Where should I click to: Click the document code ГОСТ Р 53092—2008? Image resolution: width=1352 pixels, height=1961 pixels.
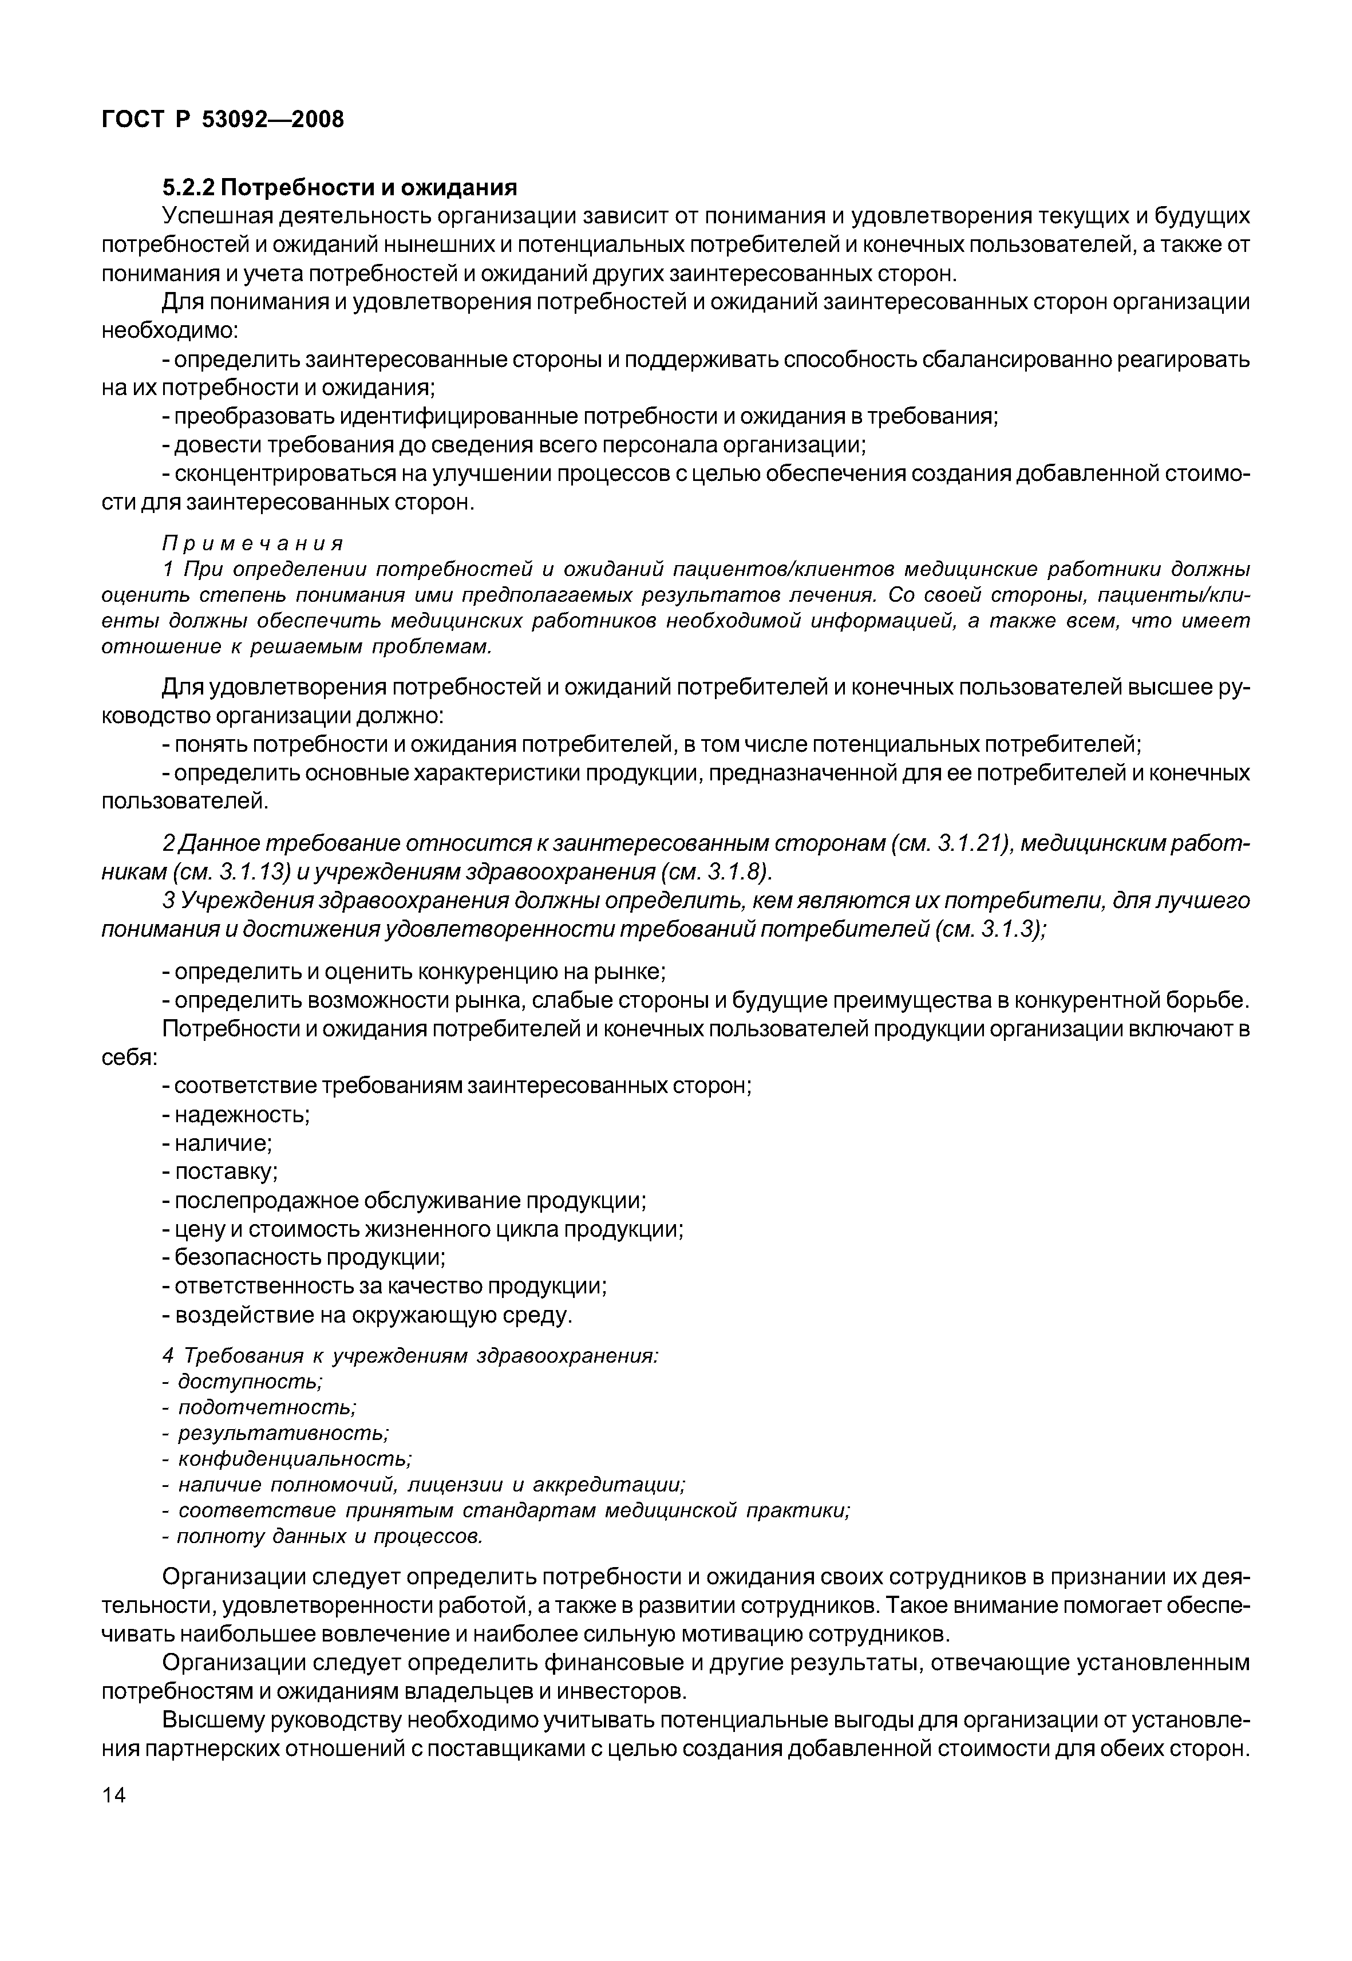[x=223, y=120]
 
